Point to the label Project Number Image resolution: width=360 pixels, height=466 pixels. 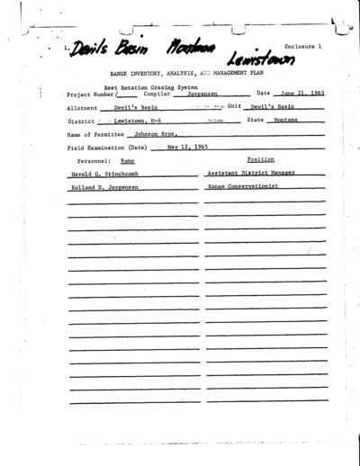point(89,94)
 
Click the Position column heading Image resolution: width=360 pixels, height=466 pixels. point(260,158)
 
